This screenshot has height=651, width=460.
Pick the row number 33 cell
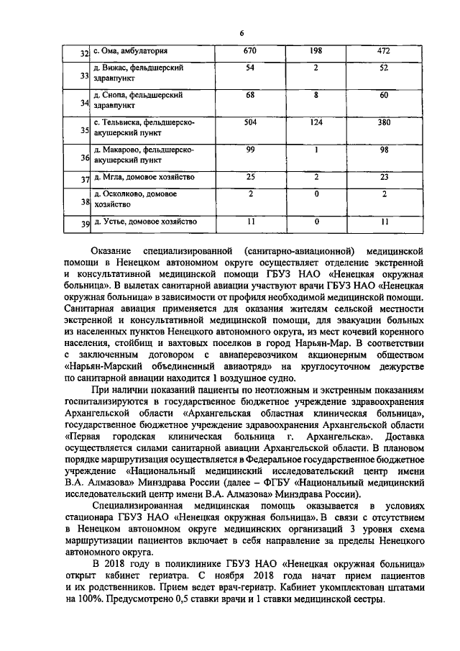[x=84, y=76]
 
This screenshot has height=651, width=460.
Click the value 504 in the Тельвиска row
[x=250, y=123]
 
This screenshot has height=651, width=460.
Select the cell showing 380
[x=385, y=123]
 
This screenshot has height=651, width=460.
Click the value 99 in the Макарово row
[x=250, y=150]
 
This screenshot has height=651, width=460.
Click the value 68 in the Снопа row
[x=250, y=95]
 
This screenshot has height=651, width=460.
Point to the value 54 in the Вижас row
[x=250, y=68]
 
